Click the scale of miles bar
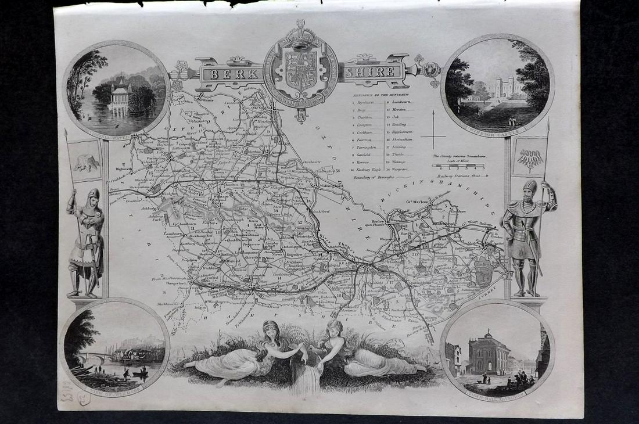pyautogui.click(x=458, y=166)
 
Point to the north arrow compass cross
pyautogui.click(x=433, y=136)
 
